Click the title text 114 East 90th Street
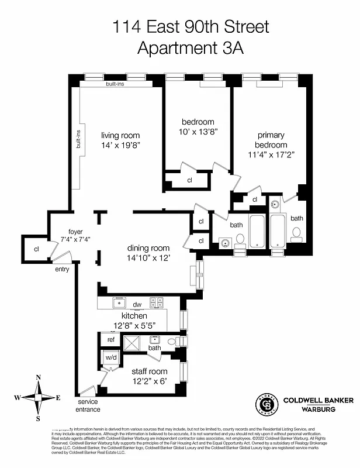click(x=191, y=26)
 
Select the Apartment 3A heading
click(x=191, y=47)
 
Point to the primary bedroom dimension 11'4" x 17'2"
click(x=271, y=155)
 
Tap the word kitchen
click(x=134, y=316)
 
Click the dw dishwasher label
click(x=137, y=304)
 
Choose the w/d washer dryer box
click(x=111, y=357)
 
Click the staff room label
click(x=150, y=371)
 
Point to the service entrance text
click(x=87, y=406)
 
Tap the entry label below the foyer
click(x=62, y=270)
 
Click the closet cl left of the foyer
click(x=36, y=249)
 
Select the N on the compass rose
click(x=38, y=377)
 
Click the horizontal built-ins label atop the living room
click(x=115, y=84)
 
